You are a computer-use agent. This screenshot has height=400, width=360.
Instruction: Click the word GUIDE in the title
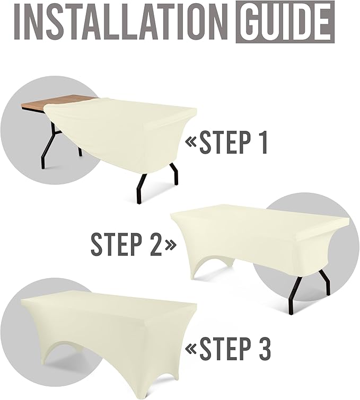click(285, 22)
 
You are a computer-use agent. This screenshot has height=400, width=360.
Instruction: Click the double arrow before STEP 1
click(191, 143)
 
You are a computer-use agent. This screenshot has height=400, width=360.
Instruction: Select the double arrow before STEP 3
click(191, 349)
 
